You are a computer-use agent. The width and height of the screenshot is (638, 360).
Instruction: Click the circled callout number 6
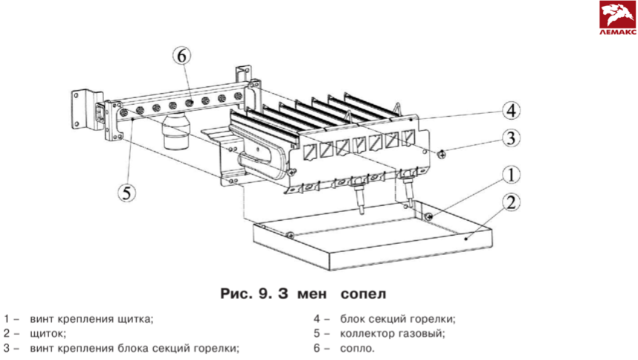183,56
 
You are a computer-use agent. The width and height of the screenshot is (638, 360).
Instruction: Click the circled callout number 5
127,192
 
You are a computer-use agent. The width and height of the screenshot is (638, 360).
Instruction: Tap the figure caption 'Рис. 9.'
244,293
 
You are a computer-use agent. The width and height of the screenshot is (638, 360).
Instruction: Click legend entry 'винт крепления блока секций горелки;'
135,347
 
